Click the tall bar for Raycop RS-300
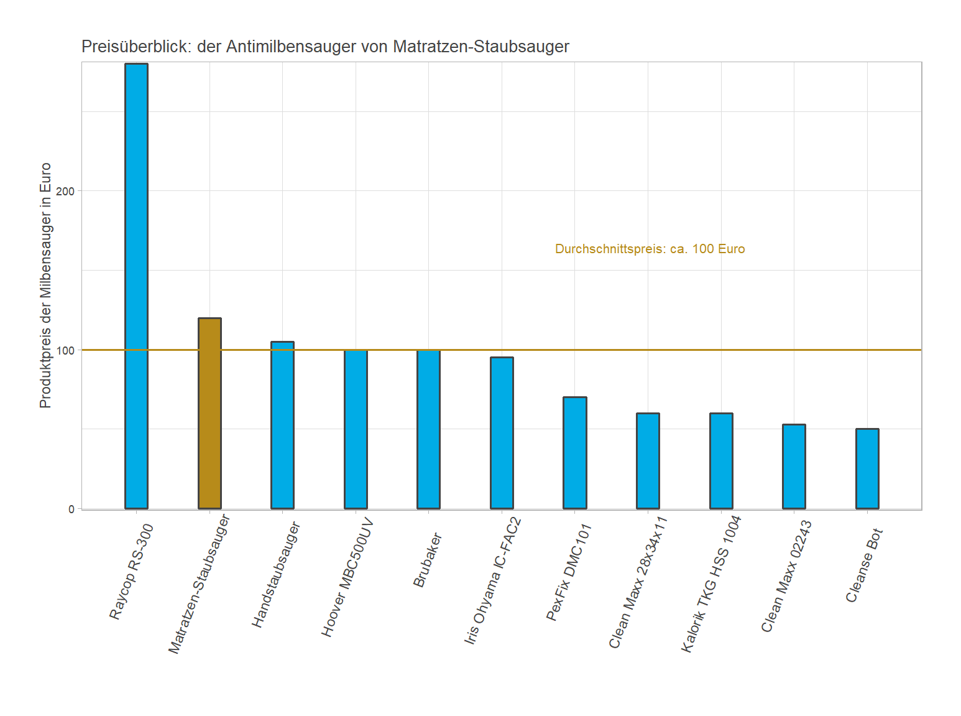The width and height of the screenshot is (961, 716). click(136, 286)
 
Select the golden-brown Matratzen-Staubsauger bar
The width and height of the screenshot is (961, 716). click(209, 414)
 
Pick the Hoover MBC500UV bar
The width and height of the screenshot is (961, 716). click(356, 429)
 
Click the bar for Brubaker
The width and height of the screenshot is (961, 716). click(428, 429)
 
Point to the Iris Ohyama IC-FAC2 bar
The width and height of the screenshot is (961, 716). click(502, 433)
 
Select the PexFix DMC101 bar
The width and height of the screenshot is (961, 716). click(574, 453)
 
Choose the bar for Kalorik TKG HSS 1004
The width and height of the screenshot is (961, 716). click(721, 461)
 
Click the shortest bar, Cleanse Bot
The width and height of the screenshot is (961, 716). click(867, 469)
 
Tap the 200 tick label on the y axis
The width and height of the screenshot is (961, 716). click(65, 191)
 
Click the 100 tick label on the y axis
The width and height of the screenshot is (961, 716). click(65, 350)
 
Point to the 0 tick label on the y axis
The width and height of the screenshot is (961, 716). click(71, 509)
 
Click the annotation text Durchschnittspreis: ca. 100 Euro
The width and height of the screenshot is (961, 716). click(650, 249)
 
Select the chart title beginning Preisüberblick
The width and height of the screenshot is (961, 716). click(325, 47)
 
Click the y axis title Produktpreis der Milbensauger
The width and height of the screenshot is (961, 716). click(45, 286)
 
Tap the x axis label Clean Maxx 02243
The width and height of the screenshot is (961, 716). click(786, 576)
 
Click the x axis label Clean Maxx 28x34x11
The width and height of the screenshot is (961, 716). click(638, 582)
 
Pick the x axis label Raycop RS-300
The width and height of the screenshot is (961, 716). click(131, 572)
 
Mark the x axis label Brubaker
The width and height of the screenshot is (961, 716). click(428, 560)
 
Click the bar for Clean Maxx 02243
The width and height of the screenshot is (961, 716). click(794, 467)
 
